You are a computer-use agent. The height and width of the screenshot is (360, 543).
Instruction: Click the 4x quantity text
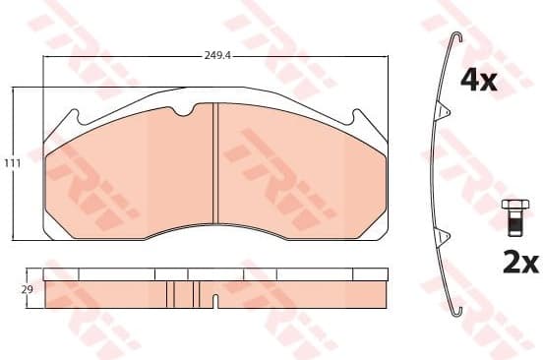(x=481, y=81)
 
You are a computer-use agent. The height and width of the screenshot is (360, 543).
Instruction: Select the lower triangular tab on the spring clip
(x=444, y=234)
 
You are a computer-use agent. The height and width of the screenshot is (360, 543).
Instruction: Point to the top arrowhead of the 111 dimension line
(x=11, y=91)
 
